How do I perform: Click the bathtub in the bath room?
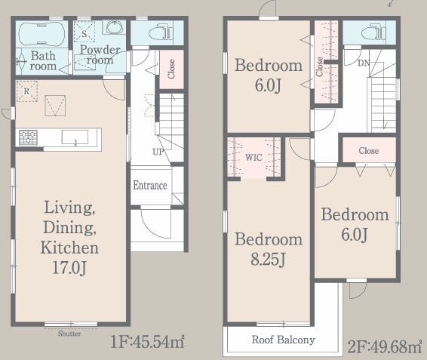41,34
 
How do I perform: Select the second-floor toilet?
373,32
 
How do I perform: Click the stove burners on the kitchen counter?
28,137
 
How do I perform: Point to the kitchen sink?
75,137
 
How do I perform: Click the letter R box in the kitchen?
26,91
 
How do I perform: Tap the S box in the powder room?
84,32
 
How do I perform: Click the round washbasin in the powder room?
115,27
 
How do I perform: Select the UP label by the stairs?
158,152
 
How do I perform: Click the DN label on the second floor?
364,63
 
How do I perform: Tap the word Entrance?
150,186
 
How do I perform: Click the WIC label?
253,157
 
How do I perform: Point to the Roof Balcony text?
283,340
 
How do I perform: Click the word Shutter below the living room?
69,334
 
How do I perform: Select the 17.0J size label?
69,268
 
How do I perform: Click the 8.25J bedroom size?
268,259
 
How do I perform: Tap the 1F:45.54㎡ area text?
147,342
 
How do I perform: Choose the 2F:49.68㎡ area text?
385,346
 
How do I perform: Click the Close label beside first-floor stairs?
171,69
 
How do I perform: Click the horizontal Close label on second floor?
369,151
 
